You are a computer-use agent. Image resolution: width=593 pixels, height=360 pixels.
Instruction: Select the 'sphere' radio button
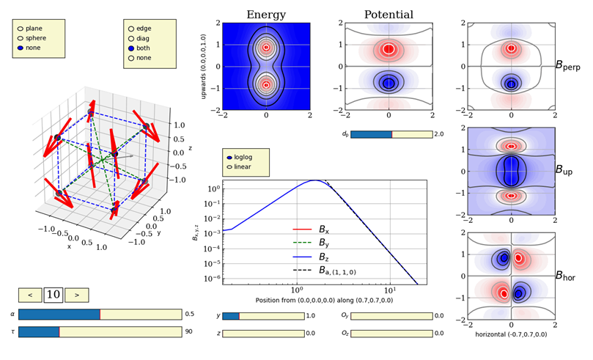21,38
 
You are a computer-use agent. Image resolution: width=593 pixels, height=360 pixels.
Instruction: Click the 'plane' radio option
21,29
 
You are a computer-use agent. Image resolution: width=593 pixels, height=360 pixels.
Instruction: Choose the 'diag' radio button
131,39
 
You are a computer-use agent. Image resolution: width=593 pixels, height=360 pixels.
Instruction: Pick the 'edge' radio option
131,29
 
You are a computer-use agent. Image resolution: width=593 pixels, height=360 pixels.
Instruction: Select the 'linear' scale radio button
229,166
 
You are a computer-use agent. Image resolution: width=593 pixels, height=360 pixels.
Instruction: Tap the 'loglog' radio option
229,158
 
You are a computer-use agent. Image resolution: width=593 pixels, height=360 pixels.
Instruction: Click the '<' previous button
30,295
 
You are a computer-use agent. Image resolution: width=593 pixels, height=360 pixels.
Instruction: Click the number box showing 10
54,295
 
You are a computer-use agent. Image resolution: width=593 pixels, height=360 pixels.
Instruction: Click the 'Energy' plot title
266,15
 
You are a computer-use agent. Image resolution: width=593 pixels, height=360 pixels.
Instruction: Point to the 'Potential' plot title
388,15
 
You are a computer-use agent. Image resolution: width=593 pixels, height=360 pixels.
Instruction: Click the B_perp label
567,65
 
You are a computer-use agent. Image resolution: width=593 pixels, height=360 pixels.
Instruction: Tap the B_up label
564,170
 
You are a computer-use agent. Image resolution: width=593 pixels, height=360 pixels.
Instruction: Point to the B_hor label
565,276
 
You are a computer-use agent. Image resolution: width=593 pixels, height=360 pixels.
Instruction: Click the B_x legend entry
311,229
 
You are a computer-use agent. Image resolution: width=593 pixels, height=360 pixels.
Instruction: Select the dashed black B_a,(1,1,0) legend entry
325,271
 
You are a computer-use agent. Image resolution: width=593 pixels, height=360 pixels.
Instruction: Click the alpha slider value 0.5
189,315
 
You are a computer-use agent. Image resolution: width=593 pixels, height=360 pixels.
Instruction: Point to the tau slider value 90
188,331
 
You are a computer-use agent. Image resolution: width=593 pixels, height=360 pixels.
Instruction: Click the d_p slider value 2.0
439,134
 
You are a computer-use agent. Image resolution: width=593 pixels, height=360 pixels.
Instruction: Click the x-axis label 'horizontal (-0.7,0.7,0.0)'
511,334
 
